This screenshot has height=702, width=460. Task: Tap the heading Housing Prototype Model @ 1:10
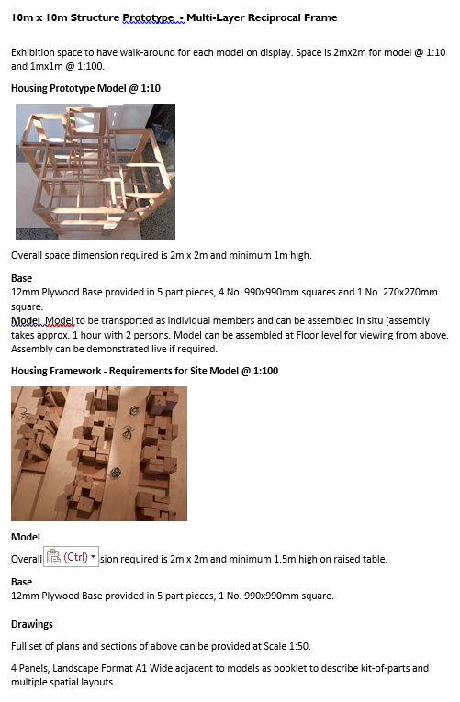(85, 88)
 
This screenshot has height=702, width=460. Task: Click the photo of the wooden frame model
(95, 172)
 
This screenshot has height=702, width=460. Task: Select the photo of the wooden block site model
(99, 453)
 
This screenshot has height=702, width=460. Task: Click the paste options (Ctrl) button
(71, 557)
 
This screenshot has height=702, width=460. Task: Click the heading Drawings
(32, 624)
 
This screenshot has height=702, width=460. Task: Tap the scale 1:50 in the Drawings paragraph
(298, 646)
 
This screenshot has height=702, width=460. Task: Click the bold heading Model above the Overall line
(26, 537)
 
